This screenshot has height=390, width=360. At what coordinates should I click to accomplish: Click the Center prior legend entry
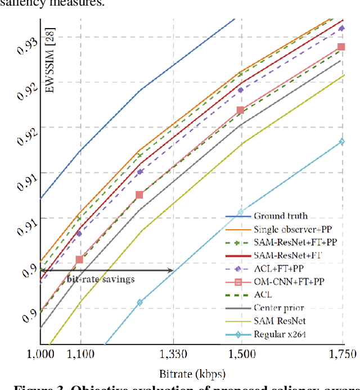(x=278, y=307)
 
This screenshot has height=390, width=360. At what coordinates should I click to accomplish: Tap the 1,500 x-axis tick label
(x=241, y=354)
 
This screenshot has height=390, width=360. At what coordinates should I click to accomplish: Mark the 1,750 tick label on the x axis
(x=343, y=354)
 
